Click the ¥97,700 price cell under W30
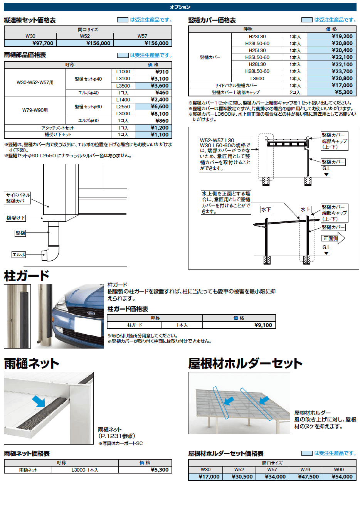[42, 44]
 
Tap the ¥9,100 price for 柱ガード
[263, 325]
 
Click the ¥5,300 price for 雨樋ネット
[160, 470]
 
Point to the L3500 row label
[123, 86]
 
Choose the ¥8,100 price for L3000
[160, 114]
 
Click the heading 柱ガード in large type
[27, 276]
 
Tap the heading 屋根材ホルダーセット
[245, 363]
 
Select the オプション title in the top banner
[180, 7]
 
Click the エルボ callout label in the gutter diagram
[19, 254]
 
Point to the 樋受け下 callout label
[16, 218]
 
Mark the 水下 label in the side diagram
[266, 210]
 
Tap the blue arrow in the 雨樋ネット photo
[39, 401]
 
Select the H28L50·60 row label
[257, 71]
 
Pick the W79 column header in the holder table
[305, 470]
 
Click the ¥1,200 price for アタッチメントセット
[160, 128]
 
